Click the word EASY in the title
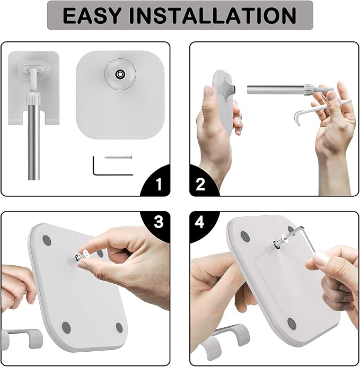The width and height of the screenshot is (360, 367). [93, 16]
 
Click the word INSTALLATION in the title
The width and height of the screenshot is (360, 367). [213, 16]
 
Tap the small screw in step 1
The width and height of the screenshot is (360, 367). [118, 158]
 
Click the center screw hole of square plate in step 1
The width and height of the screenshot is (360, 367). [120, 74]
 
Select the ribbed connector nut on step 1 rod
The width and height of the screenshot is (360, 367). [34, 99]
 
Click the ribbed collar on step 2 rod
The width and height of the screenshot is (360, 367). [309, 90]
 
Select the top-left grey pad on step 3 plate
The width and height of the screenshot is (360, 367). [47, 241]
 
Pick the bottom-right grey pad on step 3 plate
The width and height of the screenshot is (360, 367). [119, 328]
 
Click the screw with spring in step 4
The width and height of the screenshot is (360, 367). [279, 243]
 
